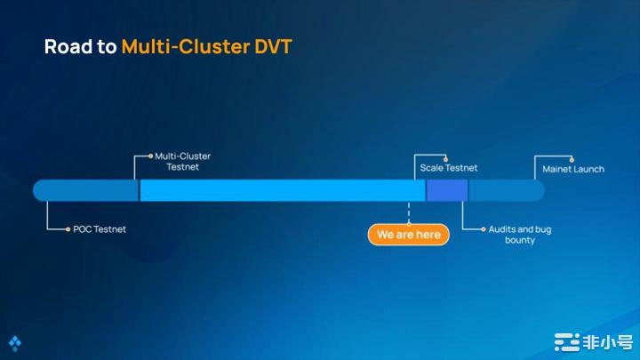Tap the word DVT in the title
(270, 46)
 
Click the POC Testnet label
(100, 229)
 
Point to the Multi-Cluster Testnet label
(182, 161)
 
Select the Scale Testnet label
(448, 167)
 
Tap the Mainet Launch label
(573, 169)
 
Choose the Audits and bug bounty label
(520, 235)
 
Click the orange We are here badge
(409, 235)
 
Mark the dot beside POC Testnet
(68, 229)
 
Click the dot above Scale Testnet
(445, 157)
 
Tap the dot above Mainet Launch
(572, 159)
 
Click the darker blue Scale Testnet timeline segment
(447, 190)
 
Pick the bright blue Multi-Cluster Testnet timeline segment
(282, 190)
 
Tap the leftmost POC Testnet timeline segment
(86, 190)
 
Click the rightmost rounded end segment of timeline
(506, 190)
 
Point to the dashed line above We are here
(409, 212)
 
